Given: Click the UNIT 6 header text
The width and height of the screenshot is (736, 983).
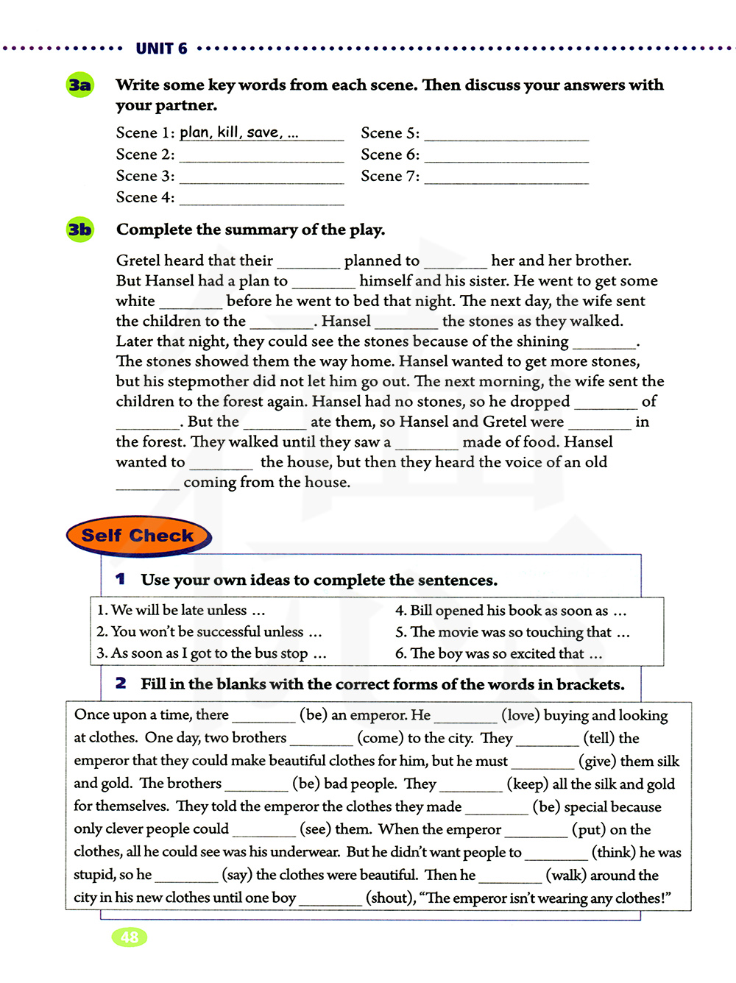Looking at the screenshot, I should pyautogui.click(x=161, y=49).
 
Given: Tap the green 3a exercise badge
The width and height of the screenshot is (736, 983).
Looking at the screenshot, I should pyautogui.click(x=79, y=85).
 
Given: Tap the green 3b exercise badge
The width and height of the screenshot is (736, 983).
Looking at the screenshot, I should pyautogui.click(x=79, y=230).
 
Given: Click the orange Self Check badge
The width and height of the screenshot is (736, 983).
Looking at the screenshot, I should pyautogui.click(x=138, y=536).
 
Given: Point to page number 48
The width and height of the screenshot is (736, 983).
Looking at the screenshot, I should pyautogui.click(x=130, y=937).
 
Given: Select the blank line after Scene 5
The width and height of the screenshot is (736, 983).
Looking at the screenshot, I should pyautogui.click(x=506, y=135).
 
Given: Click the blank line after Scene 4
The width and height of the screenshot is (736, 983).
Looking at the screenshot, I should pyautogui.click(x=261, y=200).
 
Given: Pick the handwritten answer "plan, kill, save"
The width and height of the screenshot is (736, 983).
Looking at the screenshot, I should pyautogui.click(x=238, y=132).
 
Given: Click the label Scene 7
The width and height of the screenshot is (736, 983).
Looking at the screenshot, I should pyautogui.click(x=389, y=176).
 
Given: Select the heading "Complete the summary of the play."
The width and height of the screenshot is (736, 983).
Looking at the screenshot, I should pyautogui.click(x=250, y=230).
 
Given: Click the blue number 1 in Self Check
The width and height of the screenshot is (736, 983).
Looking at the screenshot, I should pyautogui.click(x=120, y=579).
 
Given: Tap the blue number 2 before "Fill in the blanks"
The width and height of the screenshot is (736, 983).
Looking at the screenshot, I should pyautogui.click(x=121, y=684).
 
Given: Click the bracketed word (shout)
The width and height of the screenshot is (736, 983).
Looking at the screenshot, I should pyautogui.click(x=390, y=898).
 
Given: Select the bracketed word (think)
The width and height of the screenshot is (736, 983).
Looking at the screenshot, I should pyautogui.click(x=614, y=852).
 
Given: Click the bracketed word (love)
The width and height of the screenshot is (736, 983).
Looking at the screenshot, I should pyautogui.click(x=520, y=714).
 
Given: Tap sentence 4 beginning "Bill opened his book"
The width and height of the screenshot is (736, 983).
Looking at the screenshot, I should pyautogui.click(x=510, y=611).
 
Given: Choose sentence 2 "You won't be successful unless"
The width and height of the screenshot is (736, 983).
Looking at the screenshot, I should pyautogui.click(x=209, y=632).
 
